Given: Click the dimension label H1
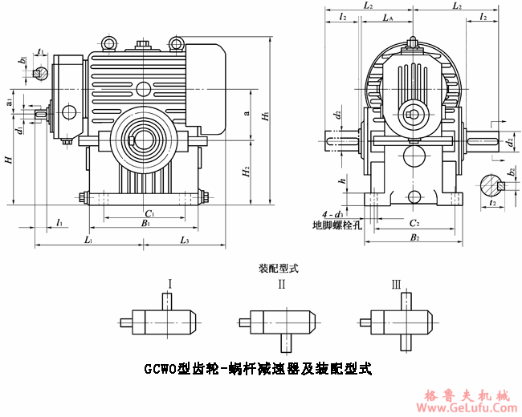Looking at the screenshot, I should pyautogui.click(x=265, y=116).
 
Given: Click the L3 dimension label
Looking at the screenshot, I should pyautogui.click(x=184, y=240).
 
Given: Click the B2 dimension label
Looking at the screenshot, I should pyautogui.click(x=414, y=238).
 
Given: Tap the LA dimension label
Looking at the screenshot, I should pyautogui.click(x=388, y=17).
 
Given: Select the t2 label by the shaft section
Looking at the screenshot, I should pyautogui.click(x=492, y=204).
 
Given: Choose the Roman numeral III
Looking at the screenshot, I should pyautogui.click(x=396, y=284).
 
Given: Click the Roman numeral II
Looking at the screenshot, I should pyautogui.click(x=281, y=284).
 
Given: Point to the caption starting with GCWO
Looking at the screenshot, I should pyautogui.click(x=258, y=370).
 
